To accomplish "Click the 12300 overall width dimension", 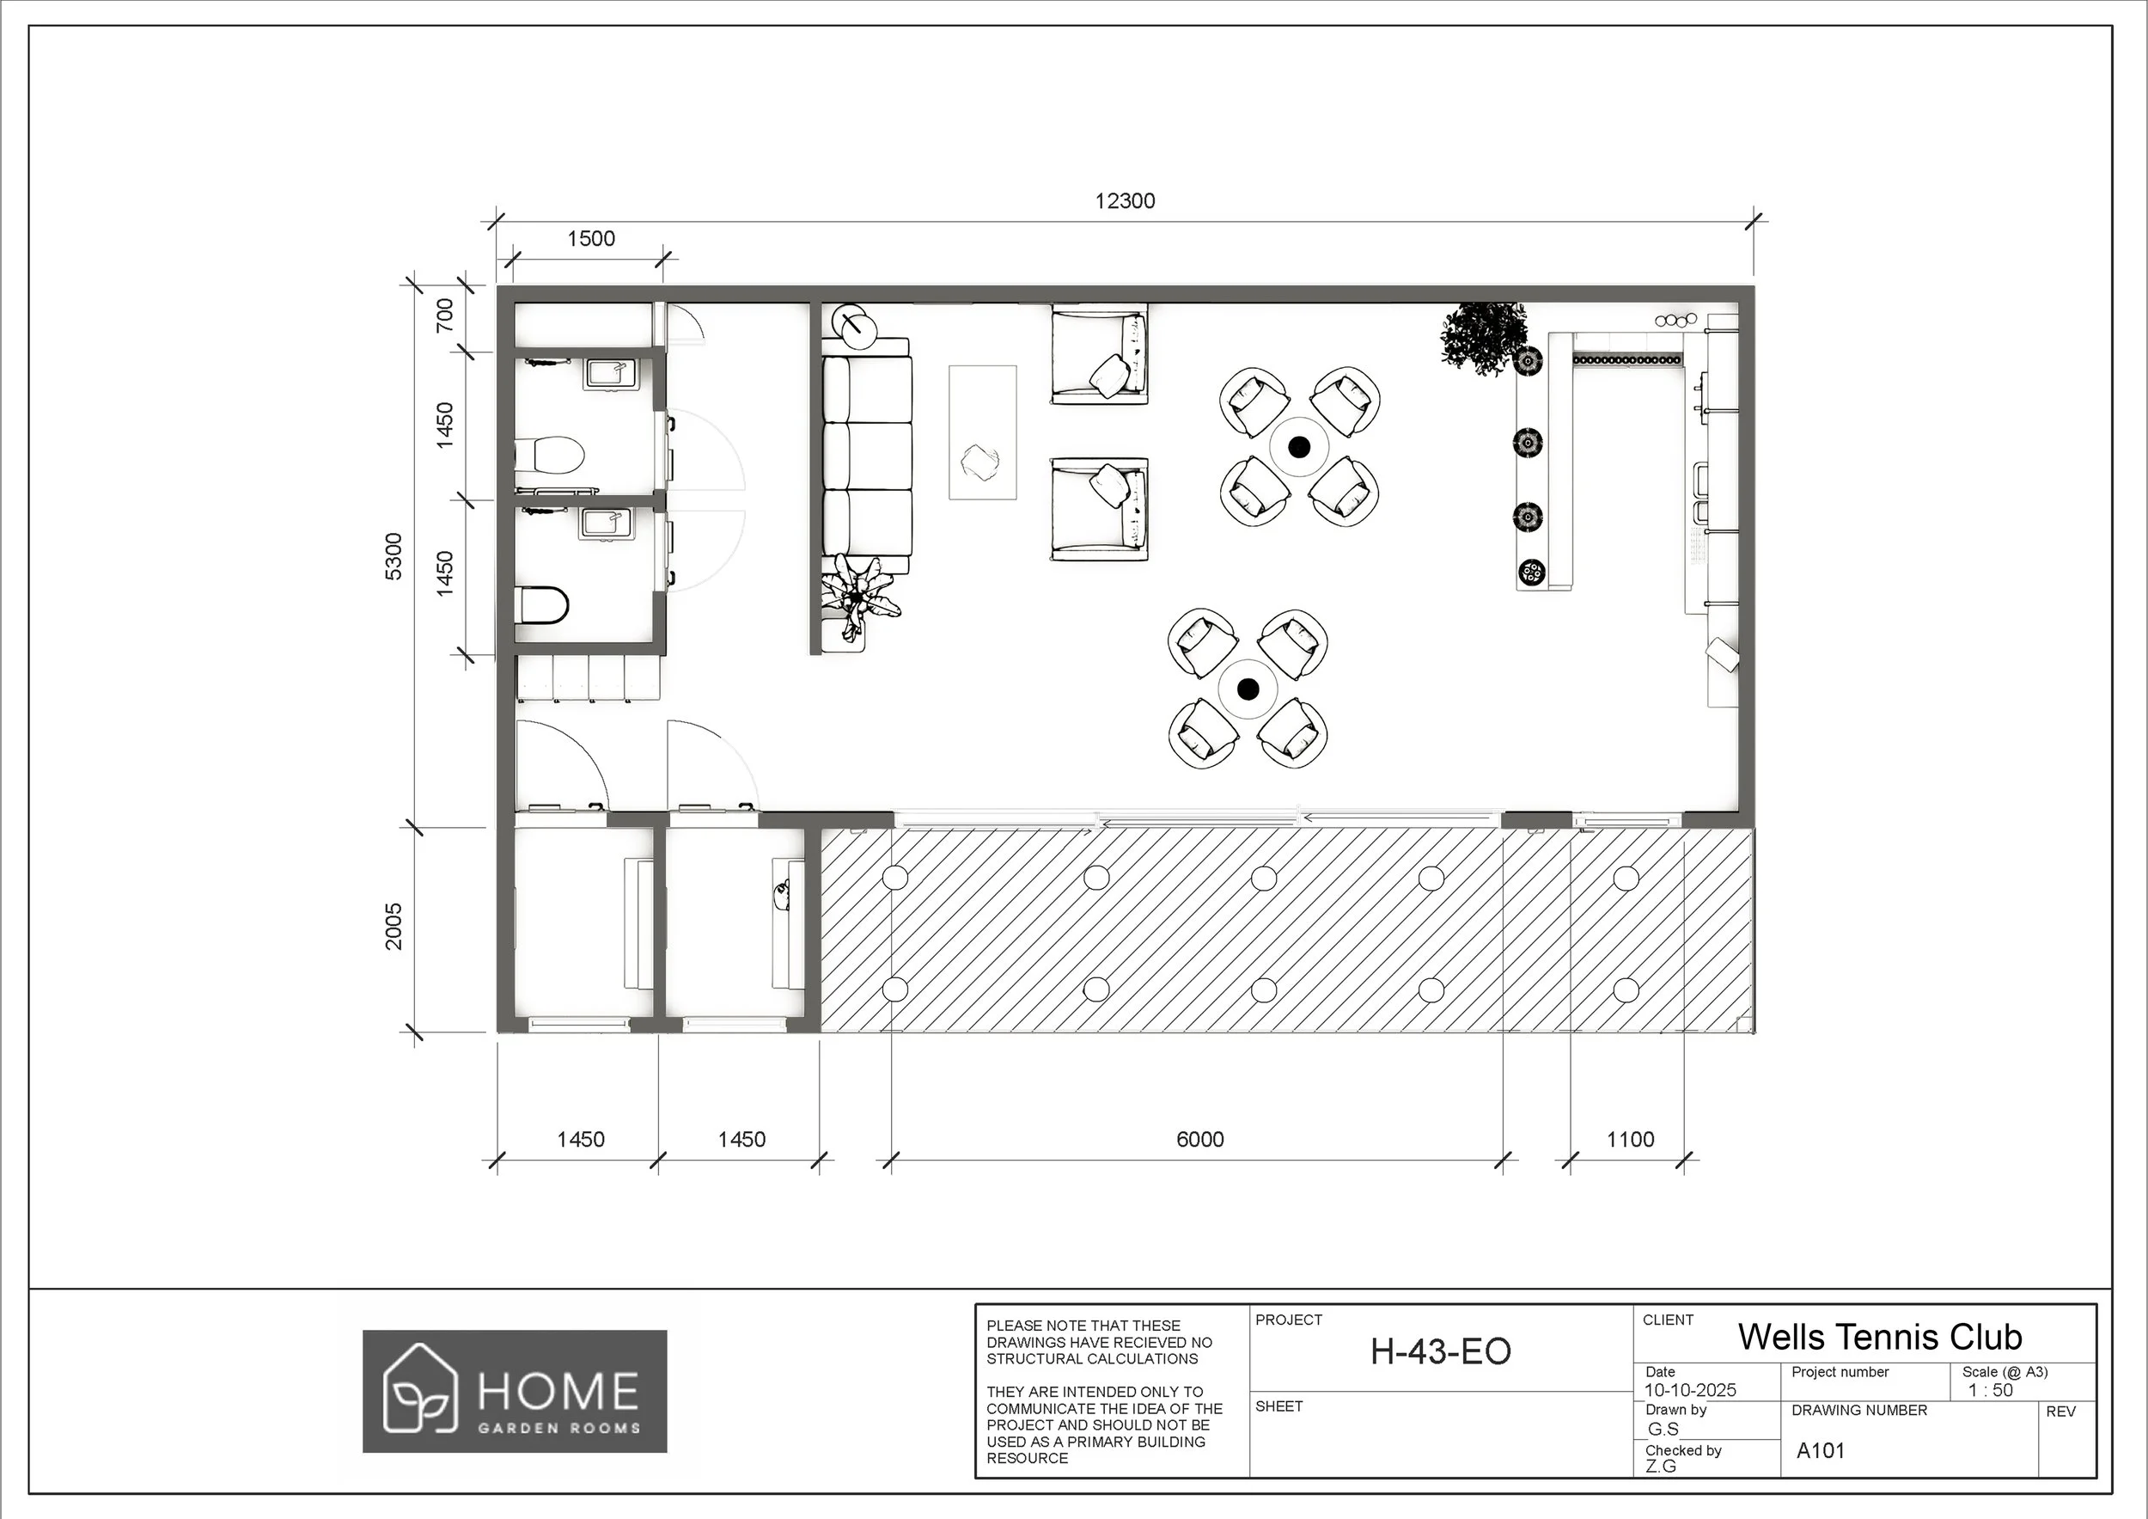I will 1125,201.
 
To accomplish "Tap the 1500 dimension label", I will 591,239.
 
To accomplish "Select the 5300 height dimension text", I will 394,556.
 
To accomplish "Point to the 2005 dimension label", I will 394,926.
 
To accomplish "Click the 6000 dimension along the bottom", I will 1199,1139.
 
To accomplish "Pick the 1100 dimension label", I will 1630,1139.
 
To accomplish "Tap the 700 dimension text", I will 445,315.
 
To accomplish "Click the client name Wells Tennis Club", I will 1880,1337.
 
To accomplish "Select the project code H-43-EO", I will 1440,1351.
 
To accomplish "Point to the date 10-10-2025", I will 1691,1390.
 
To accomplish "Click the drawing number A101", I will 1821,1451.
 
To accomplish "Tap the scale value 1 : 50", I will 1990,1390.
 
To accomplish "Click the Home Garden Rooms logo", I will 515,1391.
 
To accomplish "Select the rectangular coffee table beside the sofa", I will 982,432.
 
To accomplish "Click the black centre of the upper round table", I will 1298,447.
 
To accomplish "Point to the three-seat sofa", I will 866,456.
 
